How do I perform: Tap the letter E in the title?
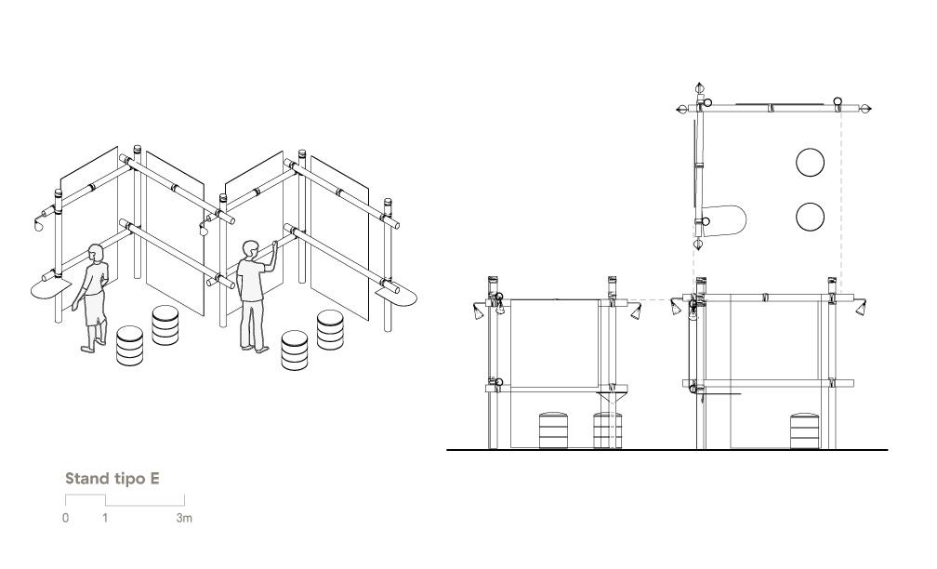154,478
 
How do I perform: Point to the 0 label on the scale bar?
66,518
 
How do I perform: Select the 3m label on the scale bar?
184,518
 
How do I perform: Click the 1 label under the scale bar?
105,518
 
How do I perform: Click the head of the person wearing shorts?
97,252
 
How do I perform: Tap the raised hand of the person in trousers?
275,245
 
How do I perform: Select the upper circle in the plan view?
811,162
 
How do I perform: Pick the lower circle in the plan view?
811,217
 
